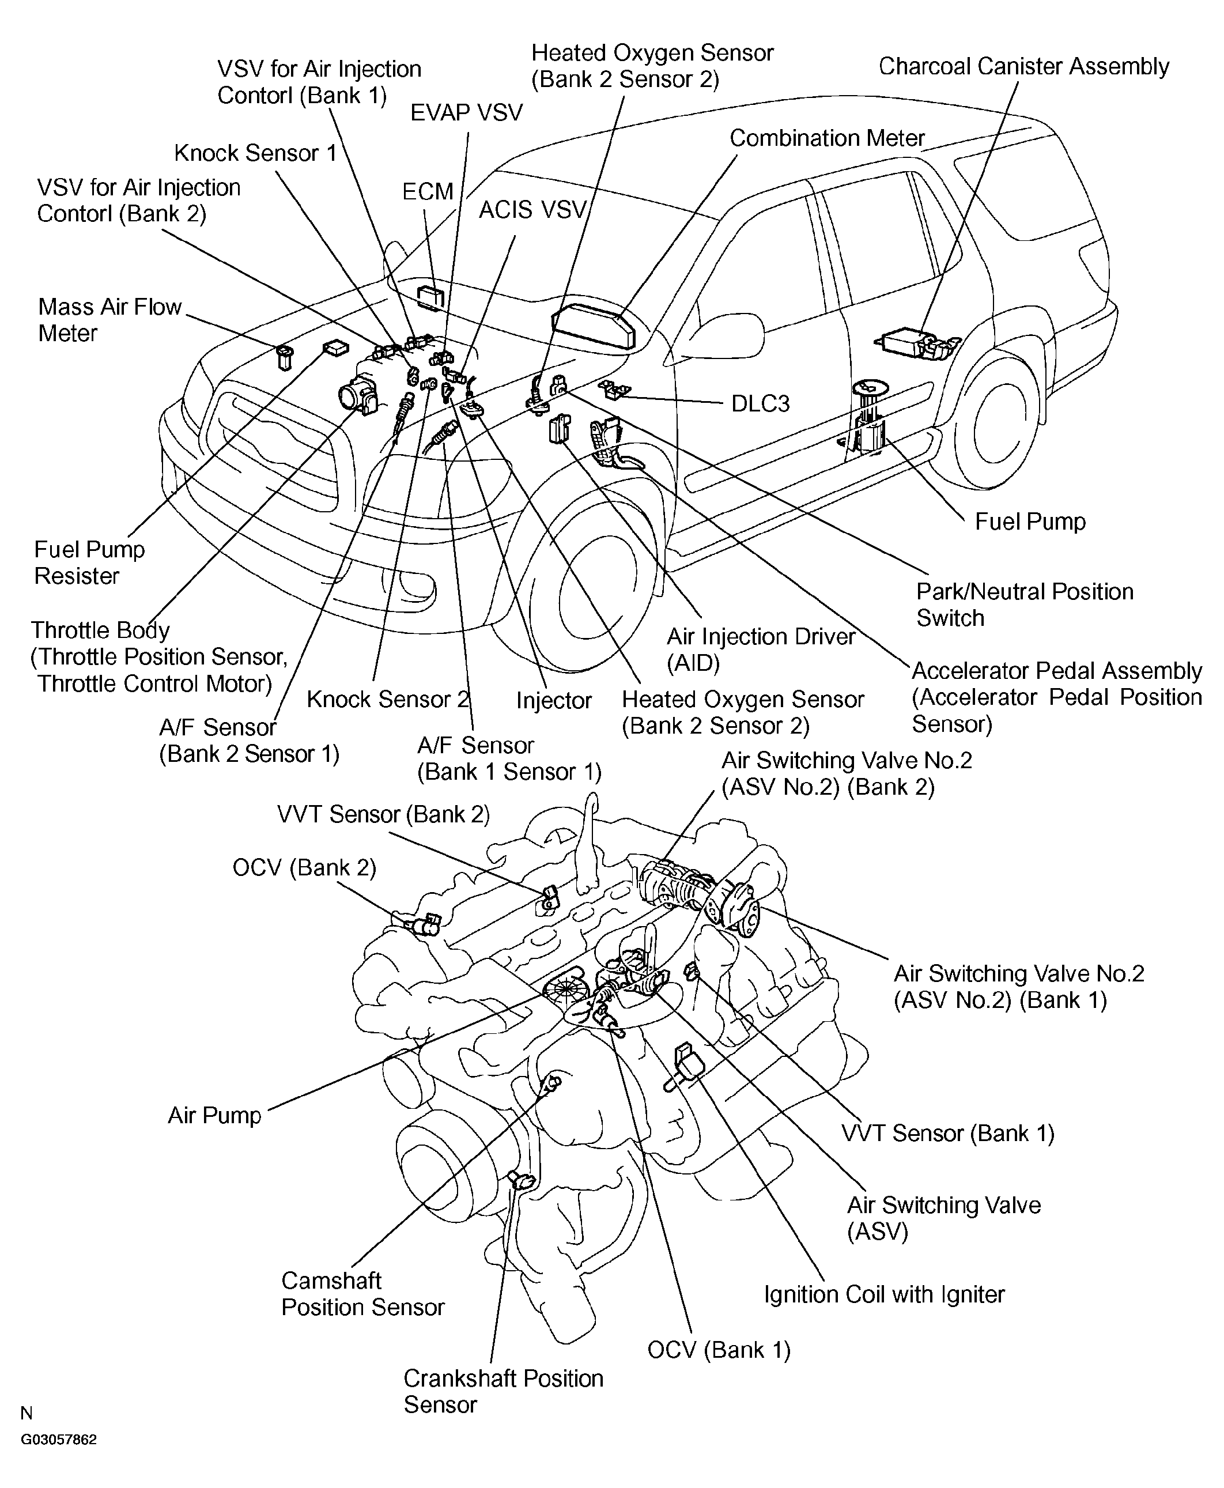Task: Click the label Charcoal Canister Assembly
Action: point(1023,66)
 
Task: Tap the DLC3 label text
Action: point(760,403)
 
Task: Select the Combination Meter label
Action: point(826,138)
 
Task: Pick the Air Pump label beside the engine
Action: point(214,1115)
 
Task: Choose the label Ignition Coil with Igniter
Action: point(884,1294)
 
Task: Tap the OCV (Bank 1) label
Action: point(719,1350)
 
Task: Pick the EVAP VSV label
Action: point(466,113)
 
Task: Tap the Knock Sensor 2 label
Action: point(387,699)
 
